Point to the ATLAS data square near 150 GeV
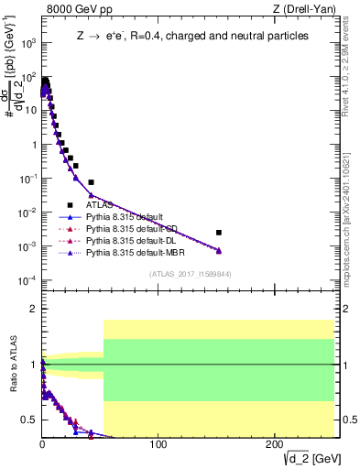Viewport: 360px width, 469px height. pos(218,233)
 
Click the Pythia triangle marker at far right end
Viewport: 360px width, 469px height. pos(218,251)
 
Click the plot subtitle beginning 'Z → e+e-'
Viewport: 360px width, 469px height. pos(191,36)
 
